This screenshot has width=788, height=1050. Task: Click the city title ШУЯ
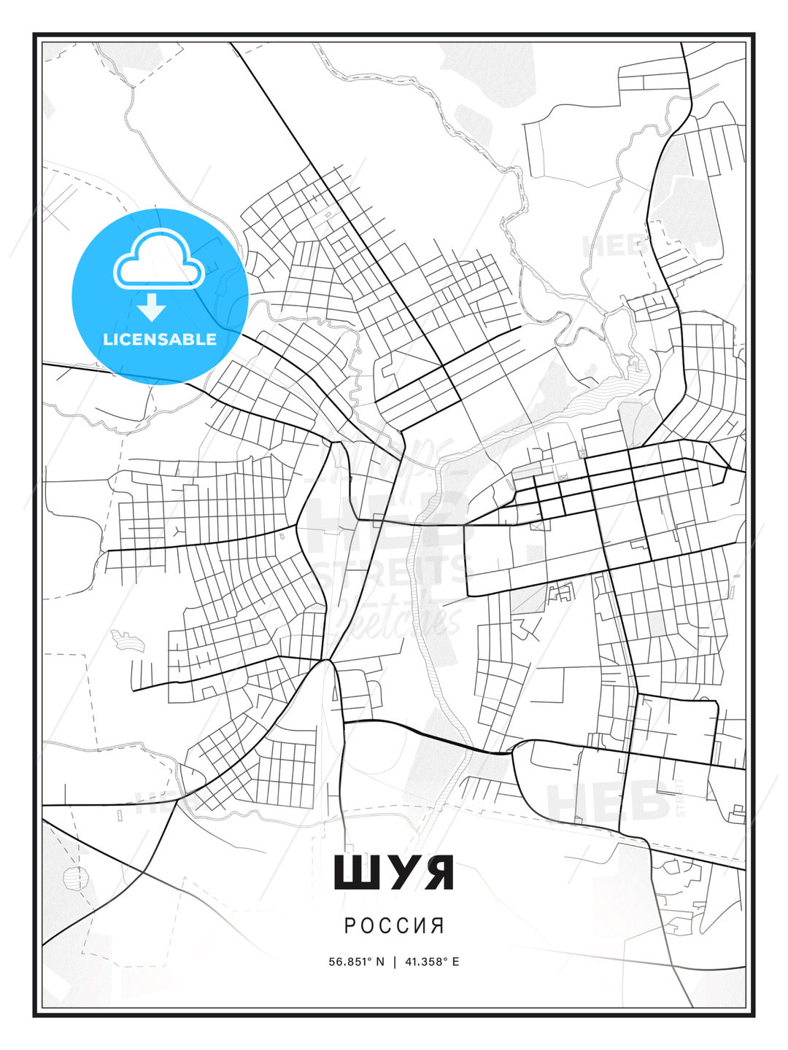393,873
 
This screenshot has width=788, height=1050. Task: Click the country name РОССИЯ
394,925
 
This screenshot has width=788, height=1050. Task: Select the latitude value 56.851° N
356,962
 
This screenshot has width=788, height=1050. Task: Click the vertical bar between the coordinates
394,962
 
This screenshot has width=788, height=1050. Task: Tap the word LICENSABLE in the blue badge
160,339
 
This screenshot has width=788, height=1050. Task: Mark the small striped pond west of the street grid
128,640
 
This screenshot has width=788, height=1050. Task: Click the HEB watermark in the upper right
613,246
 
